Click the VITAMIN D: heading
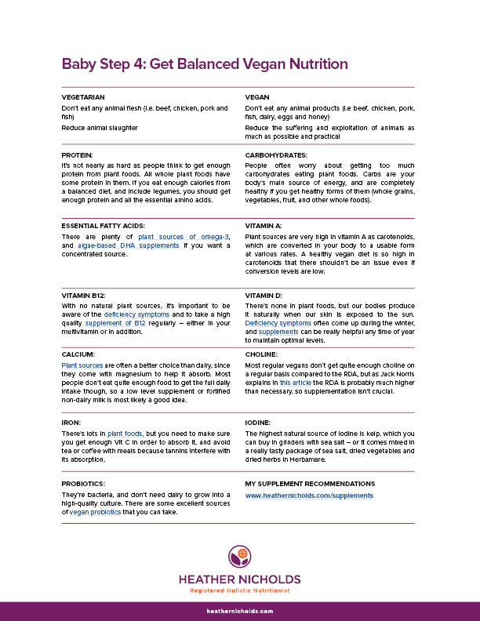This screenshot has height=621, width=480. coord(264,295)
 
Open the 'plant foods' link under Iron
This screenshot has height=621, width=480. coord(125,433)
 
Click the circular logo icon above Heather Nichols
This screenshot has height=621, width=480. coord(240,556)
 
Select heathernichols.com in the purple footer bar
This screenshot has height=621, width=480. coord(240,611)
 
